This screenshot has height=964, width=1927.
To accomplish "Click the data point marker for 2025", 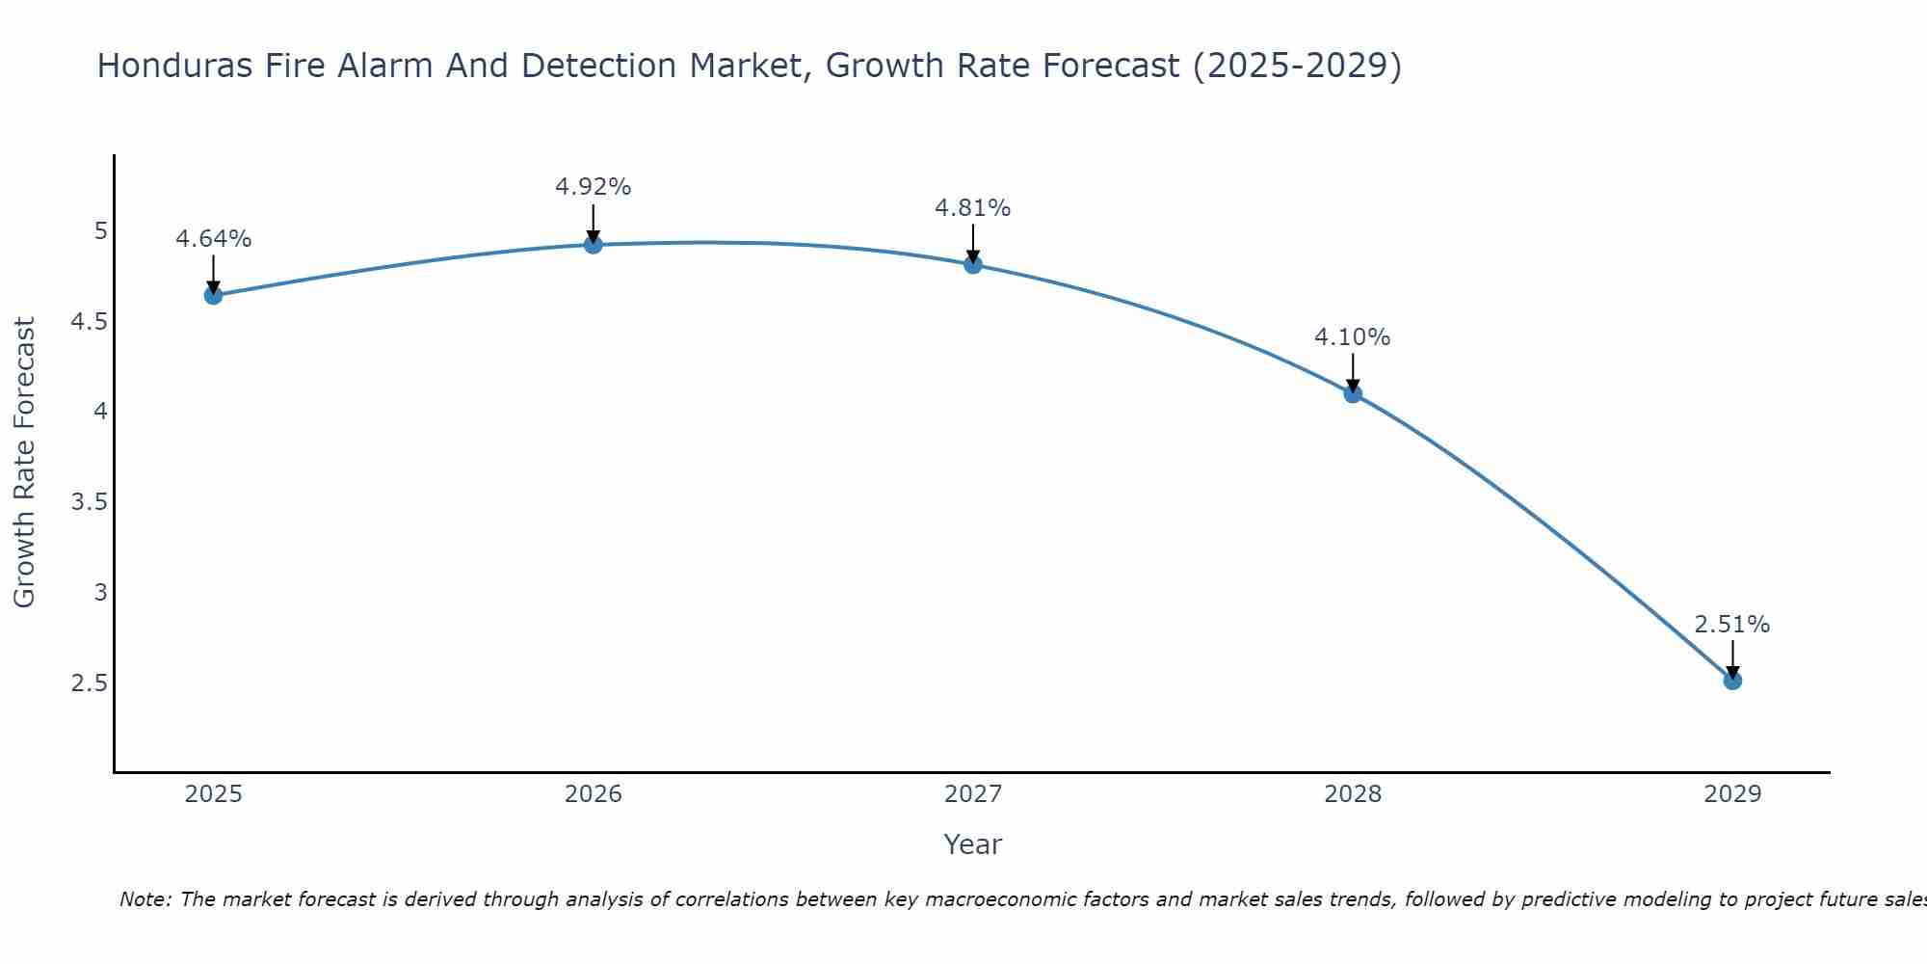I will point(213,295).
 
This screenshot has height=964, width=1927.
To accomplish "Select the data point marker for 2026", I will point(593,245).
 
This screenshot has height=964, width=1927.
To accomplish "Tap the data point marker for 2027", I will point(972,264).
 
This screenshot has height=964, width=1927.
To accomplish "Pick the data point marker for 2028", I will point(1352,393).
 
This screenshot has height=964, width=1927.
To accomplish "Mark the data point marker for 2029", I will point(1731,681).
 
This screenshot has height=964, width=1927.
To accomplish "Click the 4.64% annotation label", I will point(213,239).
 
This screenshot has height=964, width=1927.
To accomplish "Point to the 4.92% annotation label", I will point(593,187).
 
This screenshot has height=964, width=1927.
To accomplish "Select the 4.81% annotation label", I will point(972,208).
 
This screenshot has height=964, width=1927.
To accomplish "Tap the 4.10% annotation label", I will point(1352,337).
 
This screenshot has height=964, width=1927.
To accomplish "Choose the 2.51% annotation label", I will point(1731,625).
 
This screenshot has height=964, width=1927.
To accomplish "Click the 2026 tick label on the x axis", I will point(593,794).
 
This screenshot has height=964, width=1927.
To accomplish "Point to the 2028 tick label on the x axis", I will point(1352,794).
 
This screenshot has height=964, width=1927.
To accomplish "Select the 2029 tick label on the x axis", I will point(1731,794).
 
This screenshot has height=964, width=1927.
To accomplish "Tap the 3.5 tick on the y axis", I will point(89,502).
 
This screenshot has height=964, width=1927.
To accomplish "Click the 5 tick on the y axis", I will point(100,231).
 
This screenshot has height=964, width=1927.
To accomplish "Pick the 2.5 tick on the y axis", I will point(89,683).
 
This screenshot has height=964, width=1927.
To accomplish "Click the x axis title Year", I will point(972,844).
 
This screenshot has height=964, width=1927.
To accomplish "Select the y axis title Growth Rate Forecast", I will point(24,463).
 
